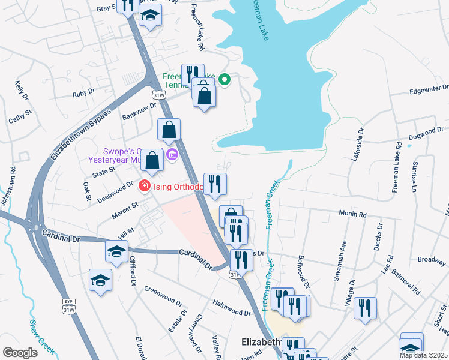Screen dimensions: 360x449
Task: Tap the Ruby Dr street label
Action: click(x=83, y=94)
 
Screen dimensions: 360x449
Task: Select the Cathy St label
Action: click(x=20, y=116)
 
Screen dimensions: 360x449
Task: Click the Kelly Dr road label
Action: click(x=21, y=91)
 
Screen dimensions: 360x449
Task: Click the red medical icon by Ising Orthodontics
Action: click(x=144, y=187)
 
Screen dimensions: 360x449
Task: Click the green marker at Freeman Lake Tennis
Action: click(x=224, y=79)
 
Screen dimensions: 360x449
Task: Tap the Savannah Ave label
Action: click(x=343, y=254)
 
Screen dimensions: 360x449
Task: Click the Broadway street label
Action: click(x=432, y=260)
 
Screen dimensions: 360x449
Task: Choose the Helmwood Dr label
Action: click(x=231, y=307)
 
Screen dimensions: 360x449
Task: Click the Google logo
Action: click(x=20, y=353)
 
